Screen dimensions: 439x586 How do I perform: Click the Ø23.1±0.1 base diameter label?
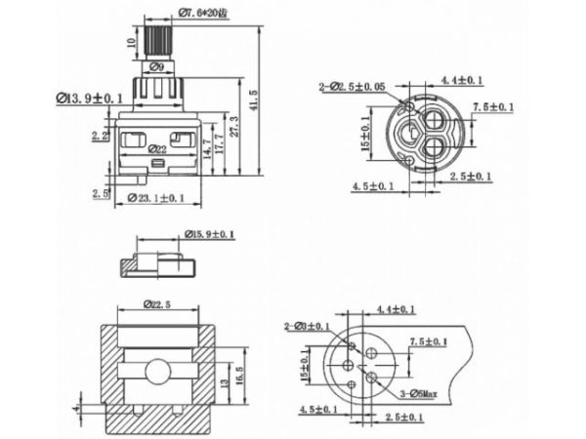click(x=158, y=198)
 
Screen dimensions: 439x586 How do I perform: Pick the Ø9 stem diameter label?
click(x=157, y=67)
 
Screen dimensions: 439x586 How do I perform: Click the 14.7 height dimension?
click(x=206, y=148)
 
